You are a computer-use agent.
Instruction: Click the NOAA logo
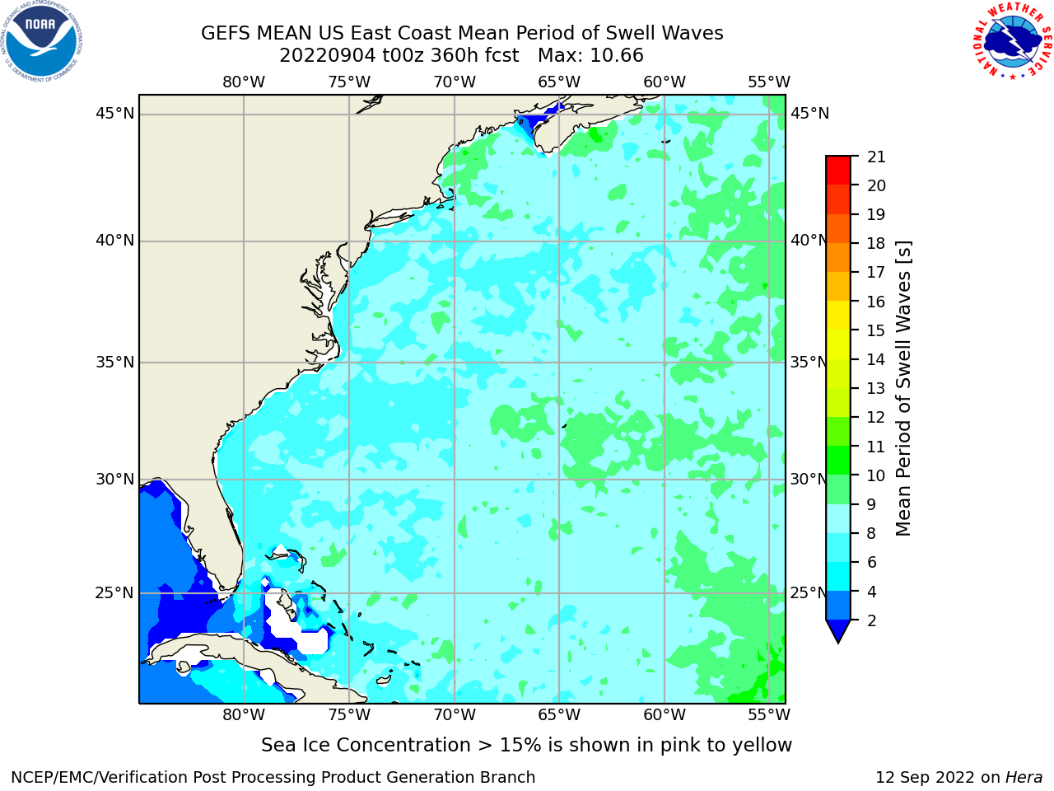pyautogui.click(x=42, y=41)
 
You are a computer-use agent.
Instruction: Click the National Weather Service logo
pyautogui.click(x=1012, y=41)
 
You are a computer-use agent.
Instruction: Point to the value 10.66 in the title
pyautogui.click(x=617, y=56)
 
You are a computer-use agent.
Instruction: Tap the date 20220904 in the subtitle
pyautogui.click(x=328, y=56)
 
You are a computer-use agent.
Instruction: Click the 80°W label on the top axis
pyautogui.click(x=244, y=82)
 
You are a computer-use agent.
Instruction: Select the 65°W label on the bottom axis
pyautogui.click(x=559, y=715)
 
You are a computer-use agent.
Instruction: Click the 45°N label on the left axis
pyautogui.click(x=114, y=114)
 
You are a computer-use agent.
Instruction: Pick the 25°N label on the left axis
pyautogui.click(x=114, y=593)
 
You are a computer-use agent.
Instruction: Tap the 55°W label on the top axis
pyautogui.click(x=769, y=82)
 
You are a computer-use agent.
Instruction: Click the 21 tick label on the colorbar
pyautogui.click(x=876, y=157)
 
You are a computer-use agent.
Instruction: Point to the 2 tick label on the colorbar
pyautogui.click(x=872, y=620)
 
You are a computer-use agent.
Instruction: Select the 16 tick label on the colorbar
pyautogui.click(x=876, y=302)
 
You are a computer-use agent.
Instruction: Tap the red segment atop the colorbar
pyautogui.click(x=838, y=171)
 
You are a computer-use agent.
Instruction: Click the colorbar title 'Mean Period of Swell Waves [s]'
pyautogui.click(x=903, y=389)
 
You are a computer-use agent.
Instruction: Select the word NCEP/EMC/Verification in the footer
pyautogui.click(x=119, y=778)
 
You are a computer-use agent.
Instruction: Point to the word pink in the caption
pyautogui.click(x=680, y=746)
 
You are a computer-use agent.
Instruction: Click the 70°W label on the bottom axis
pyautogui.click(x=455, y=715)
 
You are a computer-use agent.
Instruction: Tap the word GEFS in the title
pyautogui.click(x=226, y=34)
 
